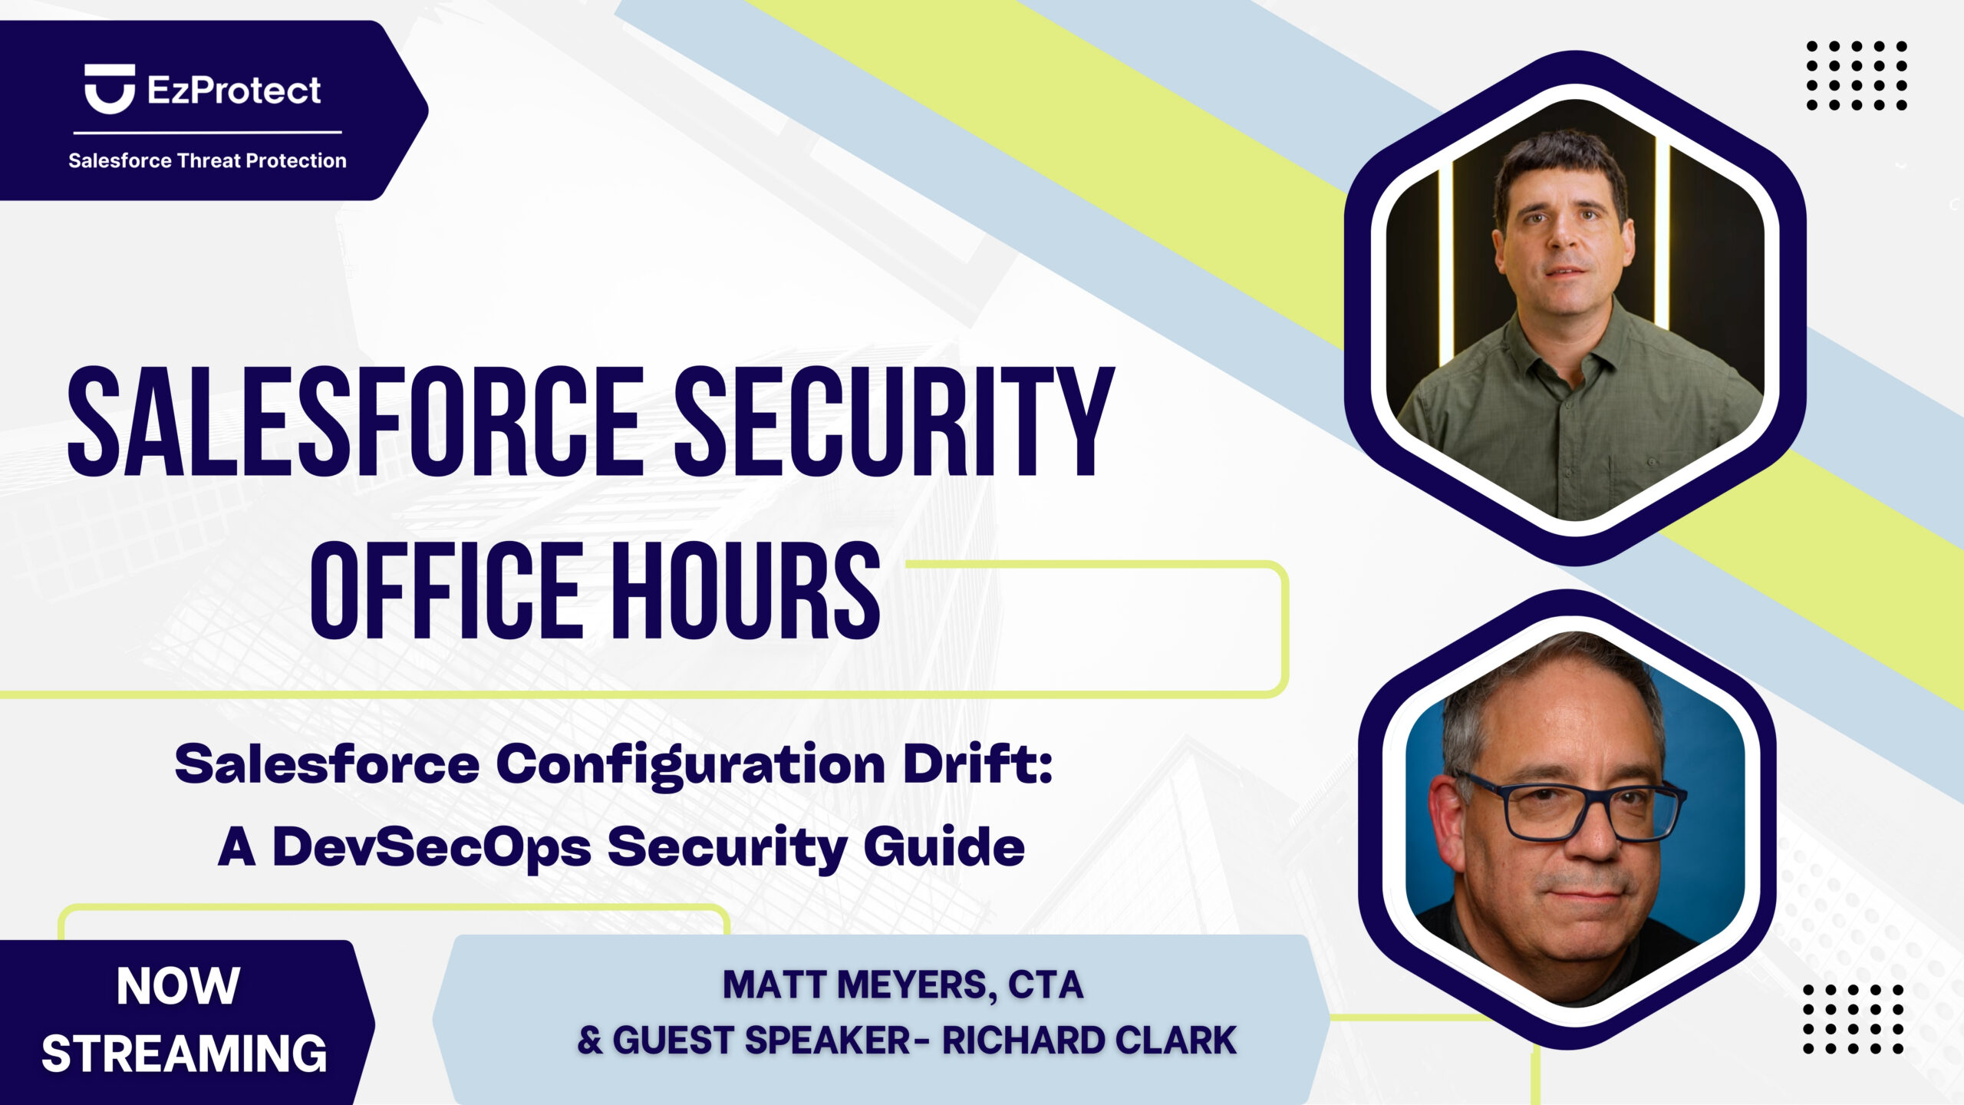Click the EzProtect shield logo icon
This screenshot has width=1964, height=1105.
click(x=110, y=89)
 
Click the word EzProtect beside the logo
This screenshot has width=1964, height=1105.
click(x=234, y=91)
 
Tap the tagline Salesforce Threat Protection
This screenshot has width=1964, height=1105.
click(x=207, y=160)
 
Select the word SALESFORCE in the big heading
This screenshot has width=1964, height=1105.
click(x=355, y=421)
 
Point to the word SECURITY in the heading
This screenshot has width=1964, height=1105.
click(x=894, y=421)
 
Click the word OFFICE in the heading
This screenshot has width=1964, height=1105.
click(x=447, y=590)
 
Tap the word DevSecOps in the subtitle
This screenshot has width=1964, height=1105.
click(x=432, y=849)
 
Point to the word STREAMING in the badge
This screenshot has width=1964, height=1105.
click(x=184, y=1054)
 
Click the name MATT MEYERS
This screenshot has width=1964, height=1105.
click(x=855, y=985)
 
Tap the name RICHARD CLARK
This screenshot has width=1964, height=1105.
click(x=1089, y=1041)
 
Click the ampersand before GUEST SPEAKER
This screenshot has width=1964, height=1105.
click(x=589, y=1041)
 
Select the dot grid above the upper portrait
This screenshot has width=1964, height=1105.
click(x=1857, y=75)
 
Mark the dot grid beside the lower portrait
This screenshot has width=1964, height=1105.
click(x=1854, y=1018)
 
